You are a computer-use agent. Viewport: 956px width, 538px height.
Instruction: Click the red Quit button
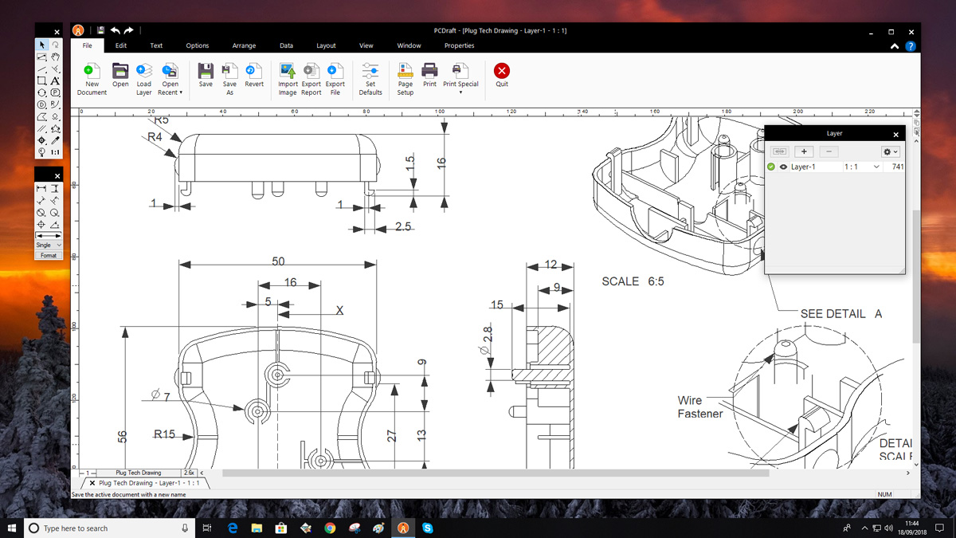pos(501,72)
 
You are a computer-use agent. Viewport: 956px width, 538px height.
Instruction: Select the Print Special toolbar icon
pos(460,72)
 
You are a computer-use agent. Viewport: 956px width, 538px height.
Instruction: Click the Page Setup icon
pos(406,72)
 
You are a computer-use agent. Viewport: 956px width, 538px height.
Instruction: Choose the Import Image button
pos(288,72)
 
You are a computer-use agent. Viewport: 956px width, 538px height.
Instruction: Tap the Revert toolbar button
pos(254,72)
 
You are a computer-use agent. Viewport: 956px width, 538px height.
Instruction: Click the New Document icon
pos(92,72)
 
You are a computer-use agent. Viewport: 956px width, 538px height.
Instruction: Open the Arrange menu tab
pos(244,45)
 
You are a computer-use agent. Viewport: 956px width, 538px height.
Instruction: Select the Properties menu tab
pos(459,45)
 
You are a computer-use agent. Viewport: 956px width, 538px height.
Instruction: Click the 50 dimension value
pos(278,261)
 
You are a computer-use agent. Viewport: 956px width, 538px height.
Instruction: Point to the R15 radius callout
pos(165,435)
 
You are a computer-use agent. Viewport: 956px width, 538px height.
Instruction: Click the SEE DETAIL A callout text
pos(840,314)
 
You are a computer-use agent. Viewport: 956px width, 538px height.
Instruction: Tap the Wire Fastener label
pos(700,407)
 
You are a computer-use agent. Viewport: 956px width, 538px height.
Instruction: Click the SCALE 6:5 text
pos(633,281)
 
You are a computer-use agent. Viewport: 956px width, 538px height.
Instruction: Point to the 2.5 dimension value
pos(403,227)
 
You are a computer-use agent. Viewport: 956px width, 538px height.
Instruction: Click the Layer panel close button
pos(895,135)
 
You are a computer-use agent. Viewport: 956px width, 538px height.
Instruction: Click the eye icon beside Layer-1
pos(783,167)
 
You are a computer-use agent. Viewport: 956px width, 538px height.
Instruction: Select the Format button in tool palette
pos(49,255)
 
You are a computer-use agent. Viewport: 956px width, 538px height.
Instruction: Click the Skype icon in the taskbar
pos(428,528)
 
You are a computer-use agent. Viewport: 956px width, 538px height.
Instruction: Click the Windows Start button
pos(12,528)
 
